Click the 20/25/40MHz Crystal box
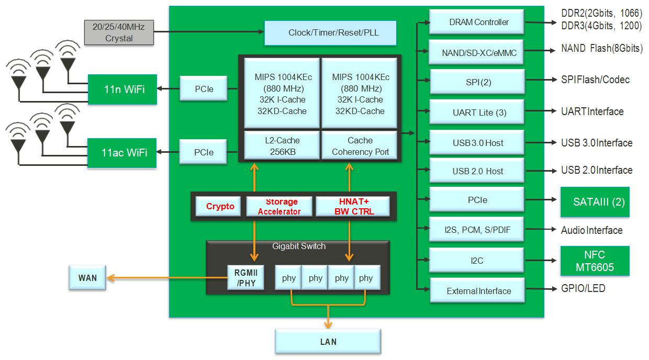(119, 32)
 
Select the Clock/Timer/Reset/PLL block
(330, 33)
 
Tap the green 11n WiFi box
(122, 89)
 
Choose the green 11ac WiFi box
(122, 153)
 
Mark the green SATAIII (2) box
(595, 201)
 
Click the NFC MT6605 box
(595, 261)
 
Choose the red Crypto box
(220, 206)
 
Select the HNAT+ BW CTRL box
(353, 206)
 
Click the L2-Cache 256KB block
(282, 146)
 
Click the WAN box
(87, 277)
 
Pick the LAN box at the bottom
(328, 342)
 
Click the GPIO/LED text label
(583, 288)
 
